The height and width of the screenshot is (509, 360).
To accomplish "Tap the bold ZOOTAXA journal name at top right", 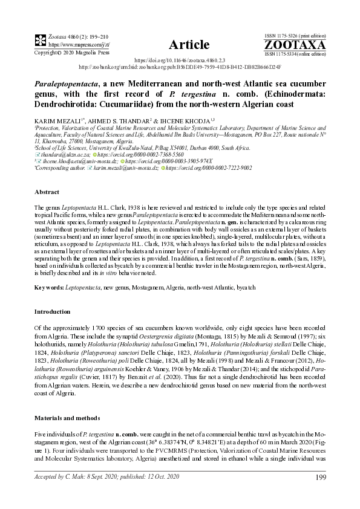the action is [x=295, y=44].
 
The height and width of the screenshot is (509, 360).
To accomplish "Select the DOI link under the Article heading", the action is [x=179, y=61].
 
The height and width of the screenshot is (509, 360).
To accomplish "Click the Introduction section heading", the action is [x=53, y=311].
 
